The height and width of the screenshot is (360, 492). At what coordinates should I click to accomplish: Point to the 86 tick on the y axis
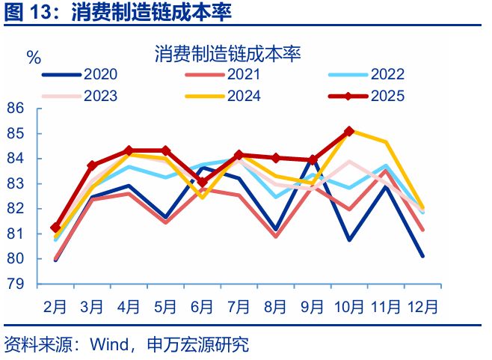pyautogui.click(x=16, y=109)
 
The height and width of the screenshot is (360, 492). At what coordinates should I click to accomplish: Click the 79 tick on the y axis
pyautogui.click(x=16, y=284)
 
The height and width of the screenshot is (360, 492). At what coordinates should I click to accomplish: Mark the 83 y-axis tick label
pyautogui.click(x=16, y=184)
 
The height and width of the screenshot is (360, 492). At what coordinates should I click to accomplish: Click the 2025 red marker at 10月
pyautogui.click(x=349, y=131)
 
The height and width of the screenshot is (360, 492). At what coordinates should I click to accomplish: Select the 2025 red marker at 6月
pyautogui.click(x=203, y=182)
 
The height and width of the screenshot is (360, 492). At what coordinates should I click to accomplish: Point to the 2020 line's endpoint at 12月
pyautogui.click(x=422, y=256)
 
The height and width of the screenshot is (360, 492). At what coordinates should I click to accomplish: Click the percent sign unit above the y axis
pyautogui.click(x=34, y=58)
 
